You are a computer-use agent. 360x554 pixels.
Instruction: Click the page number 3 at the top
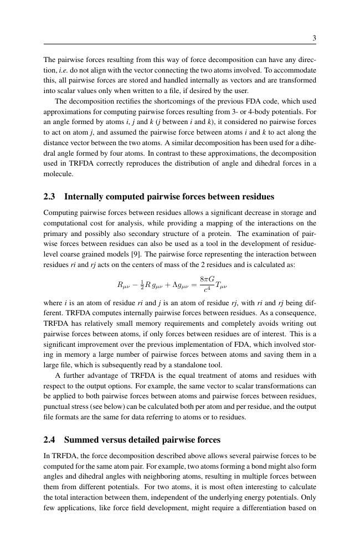tap(314, 38)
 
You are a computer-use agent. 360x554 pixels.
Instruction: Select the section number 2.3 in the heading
tap(51, 197)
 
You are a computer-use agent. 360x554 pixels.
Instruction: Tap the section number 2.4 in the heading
tap(51, 424)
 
